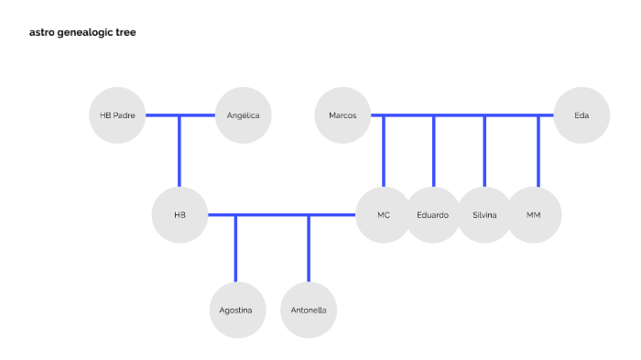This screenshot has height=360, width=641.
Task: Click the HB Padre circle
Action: pos(118,115)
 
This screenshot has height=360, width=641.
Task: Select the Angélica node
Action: pos(243,115)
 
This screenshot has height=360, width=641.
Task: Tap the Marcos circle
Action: pos(342,115)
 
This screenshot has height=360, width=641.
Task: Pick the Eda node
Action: pos(581,115)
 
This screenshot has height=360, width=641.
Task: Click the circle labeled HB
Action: pos(179,215)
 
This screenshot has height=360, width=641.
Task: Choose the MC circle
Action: pos(384,215)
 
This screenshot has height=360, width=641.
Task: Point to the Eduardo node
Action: pos(433,215)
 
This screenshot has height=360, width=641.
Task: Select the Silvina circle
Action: pos(484,215)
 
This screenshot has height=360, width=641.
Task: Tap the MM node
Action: pos(534,215)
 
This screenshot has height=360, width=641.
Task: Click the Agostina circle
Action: pos(236,310)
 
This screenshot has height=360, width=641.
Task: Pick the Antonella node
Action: pos(309,310)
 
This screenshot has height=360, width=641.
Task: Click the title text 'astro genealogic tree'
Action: pos(83,32)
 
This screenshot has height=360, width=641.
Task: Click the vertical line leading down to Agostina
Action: pos(236,249)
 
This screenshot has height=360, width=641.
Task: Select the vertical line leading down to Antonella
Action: pos(309,249)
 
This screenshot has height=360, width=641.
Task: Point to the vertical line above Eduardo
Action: pos(434,151)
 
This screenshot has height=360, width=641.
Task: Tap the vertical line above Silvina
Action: pos(485,151)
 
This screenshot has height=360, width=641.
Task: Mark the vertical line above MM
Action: pos(538,151)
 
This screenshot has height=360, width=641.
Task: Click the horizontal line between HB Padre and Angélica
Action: pos(180,115)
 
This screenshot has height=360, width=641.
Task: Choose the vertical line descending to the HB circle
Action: pos(179,151)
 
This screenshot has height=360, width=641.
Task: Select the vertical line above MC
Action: pos(385,151)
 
